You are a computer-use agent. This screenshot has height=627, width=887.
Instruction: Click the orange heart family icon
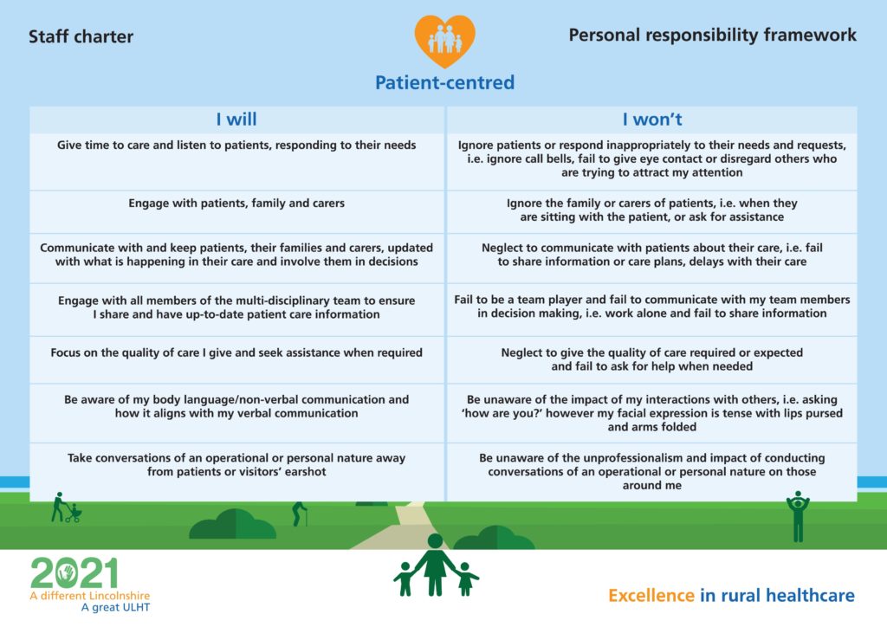(443, 40)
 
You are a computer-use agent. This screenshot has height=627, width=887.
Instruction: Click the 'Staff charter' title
(81, 37)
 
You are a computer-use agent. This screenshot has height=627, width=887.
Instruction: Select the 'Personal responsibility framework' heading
(712, 36)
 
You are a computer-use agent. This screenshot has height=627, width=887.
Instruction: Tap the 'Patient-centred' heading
(444, 83)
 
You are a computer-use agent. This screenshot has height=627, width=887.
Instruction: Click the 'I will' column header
(236, 120)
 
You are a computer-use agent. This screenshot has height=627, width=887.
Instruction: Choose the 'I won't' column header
(651, 120)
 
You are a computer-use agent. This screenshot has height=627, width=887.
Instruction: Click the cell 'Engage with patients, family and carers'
(236, 204)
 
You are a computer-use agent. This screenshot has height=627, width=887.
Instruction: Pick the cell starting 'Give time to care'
(236, 145)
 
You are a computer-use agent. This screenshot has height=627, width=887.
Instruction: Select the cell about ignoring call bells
(651, 158)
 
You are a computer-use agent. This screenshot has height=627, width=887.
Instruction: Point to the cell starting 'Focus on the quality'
(236, 353)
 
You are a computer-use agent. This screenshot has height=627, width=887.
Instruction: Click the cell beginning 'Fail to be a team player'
(651, 307)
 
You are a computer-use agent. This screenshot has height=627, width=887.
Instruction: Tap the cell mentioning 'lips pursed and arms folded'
(651, 413)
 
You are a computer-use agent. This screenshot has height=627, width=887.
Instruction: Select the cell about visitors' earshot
(236, 464)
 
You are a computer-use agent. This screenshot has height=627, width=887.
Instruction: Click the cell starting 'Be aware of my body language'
(236, 406)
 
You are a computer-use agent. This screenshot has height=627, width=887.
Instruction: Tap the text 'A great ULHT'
(115, 607)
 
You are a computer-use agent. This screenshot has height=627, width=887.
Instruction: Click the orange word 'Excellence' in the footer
(651, 596)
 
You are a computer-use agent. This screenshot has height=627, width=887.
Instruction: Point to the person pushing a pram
(63, 508)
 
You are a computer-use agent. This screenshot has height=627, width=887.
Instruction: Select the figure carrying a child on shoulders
(798, 515)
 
